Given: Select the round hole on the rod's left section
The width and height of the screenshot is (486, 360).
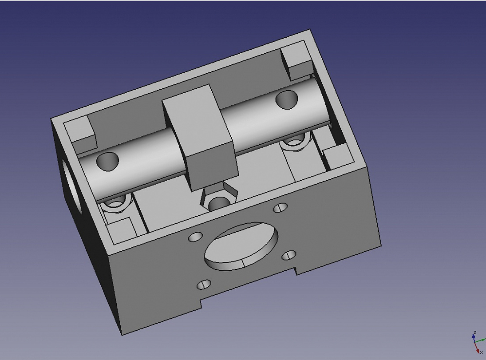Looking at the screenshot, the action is pos(107,162).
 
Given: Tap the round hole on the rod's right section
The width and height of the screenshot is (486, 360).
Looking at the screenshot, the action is pos(287,99).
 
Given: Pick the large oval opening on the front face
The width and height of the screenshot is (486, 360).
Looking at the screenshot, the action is pos(241,246).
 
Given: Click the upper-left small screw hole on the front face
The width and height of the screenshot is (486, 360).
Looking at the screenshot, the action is pos(195,237).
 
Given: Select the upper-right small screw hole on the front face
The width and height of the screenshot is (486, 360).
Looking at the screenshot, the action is pos(280,208).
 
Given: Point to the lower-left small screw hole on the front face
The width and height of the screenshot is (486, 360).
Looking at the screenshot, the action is pos(204,285).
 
